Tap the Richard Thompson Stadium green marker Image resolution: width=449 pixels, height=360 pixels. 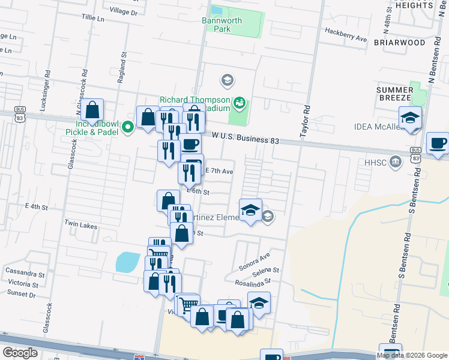pos(240,103)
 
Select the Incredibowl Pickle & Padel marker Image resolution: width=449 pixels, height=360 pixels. pos(127,127)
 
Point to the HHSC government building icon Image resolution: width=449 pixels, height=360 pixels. pos(395,161)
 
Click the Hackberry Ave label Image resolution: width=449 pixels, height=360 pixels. pos(345,34)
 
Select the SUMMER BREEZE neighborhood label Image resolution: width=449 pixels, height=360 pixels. pos(394,93)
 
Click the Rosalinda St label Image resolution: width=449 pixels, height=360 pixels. pos(254,281)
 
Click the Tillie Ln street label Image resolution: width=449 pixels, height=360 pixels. pos(92,19)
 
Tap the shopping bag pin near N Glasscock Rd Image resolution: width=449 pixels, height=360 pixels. pos(92,110)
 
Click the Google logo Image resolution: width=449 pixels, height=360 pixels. pos(20,352)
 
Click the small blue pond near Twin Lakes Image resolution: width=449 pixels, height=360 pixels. pos(127,262)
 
